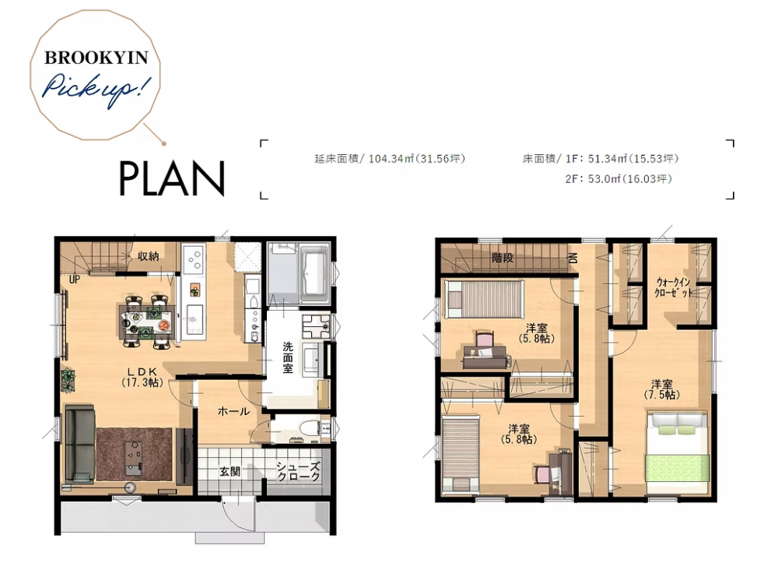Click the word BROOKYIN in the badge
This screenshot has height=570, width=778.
(x=96, y=58)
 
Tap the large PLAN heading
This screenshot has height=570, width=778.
(x=172, y=178)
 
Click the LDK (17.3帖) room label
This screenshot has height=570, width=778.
(x=142, y=377)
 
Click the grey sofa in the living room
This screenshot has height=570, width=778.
(x=80, y=443)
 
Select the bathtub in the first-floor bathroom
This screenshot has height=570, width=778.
(x=314, y=273)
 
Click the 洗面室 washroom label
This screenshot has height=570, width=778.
(x=288, y=357)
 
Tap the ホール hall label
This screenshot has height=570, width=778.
(x=233, y=411)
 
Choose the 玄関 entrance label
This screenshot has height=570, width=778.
(x=230, y=471)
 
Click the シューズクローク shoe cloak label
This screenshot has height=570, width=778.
(x=298, y=472)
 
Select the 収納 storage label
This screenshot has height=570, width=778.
(x=148, y=256)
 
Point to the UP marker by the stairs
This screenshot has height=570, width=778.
(x=75, y=280)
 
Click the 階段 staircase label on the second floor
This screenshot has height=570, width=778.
(x=503, y=258)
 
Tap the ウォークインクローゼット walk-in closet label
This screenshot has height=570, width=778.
(x=672, y=287)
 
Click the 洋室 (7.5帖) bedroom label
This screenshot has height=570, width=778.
(x=662, y=390)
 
